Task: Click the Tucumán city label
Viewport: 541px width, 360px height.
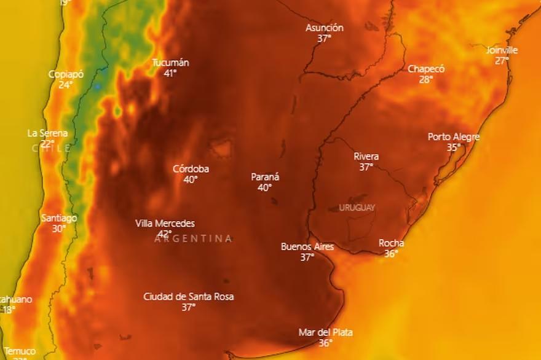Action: pyautogui.click(x=170, y=63)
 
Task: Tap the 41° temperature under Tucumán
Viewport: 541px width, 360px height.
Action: pyautogui.click(x=170, y=73)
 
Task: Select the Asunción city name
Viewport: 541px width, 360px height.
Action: pyautogui.click(x=324, y=28)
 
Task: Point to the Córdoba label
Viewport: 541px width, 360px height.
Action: pyautogui.click(x=191, y=169)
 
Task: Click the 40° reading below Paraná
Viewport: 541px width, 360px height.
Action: pyautogui.click(x=264, y=188)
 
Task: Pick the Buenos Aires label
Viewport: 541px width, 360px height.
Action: pyautogui.click(x=307, y=247)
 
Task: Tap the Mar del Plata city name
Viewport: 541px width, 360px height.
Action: pyautogui.click(x=325, y=332)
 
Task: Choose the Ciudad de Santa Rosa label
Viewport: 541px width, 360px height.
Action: pyautogui.click(x=188, y=297)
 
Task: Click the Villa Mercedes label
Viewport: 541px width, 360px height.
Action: pyautogui.click(x=165, y=224)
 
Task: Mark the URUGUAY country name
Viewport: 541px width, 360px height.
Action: pyautogui.click(x=357, y=208)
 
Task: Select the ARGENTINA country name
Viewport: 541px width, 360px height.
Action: pyautogui.click(x=193, y=238)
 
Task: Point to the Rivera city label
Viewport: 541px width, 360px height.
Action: pyautogui.click(x=366, y=157)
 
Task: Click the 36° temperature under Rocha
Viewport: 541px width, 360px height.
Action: pyautogui.click(x=391, y=253)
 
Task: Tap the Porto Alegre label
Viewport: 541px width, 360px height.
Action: pyautogui.click(x=454, y=137)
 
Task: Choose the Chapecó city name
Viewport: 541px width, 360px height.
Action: pyautogui.click(x=426, y=69)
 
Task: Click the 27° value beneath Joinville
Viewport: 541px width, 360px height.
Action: pyautogui.click(x=502, y=61)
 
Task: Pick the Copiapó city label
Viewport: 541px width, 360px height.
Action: pyautogui.click(x=66, y=74)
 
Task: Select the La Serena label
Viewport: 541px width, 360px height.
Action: pyautogui.click(x=47, y=133)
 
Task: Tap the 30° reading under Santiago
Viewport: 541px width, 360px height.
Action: pyautogui.click(x=58, y=229)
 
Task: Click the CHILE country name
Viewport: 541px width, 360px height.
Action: pyautogui.click(x=51, y=148)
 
